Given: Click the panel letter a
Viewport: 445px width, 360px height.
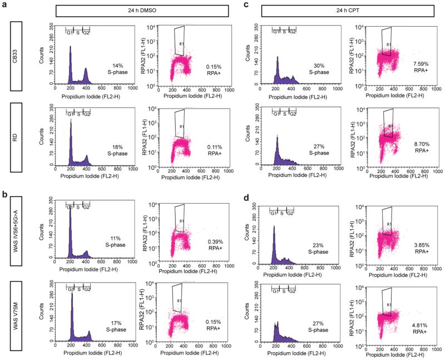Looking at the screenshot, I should (x=5, y=6).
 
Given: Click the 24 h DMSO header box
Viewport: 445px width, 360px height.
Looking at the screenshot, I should (x=143, y=11).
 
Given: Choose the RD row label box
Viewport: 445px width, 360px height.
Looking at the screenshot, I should (x=15, y=137).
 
